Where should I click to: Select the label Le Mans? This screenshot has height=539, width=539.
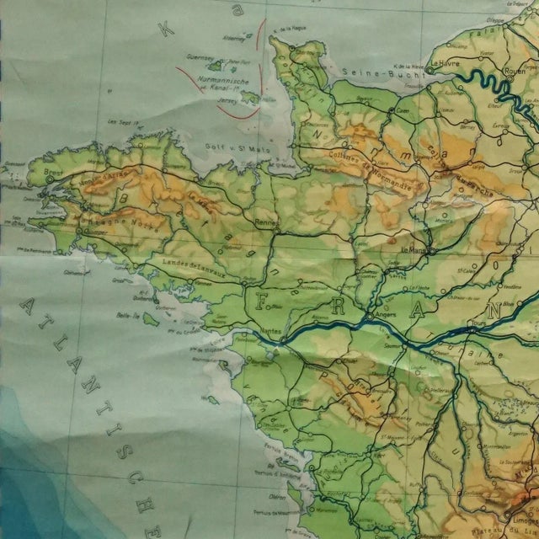(x=414, y=250)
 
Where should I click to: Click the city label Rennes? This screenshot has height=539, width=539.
(x=265, y=222)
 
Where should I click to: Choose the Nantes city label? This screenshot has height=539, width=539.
(x=269, y=331)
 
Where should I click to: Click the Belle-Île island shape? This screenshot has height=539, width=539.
(x=151, y=318)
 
